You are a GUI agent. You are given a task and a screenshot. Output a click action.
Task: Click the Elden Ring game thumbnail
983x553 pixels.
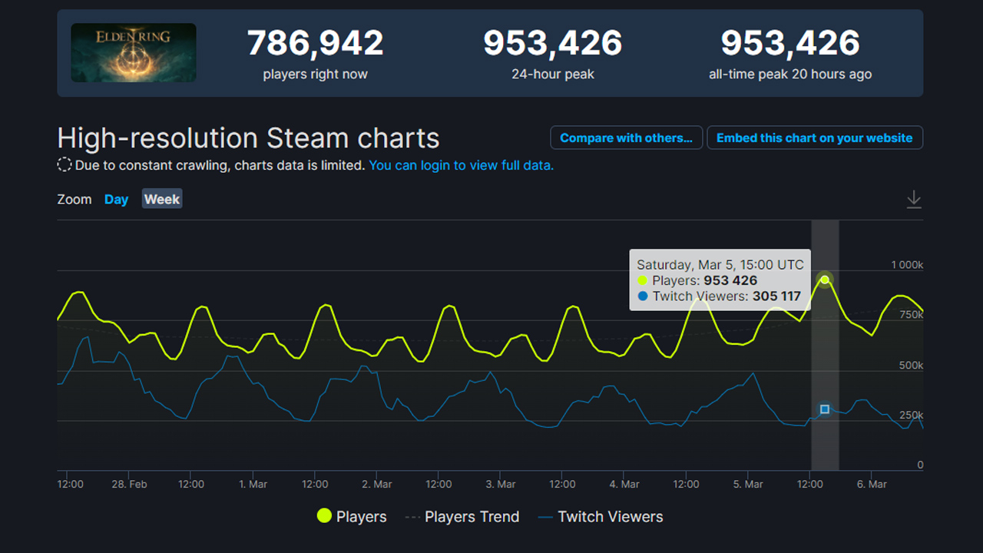coord(134,52)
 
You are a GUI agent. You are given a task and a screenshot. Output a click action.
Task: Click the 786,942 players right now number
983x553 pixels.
coord(315,44)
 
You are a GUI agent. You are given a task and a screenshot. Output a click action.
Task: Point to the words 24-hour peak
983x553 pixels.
coord(553,75)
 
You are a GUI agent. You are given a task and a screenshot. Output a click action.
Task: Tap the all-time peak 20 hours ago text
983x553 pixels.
coord(790,75)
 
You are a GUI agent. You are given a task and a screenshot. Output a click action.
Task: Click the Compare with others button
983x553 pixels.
coord(626,138)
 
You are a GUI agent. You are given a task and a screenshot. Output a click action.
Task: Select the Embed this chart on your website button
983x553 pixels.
coord(814,138)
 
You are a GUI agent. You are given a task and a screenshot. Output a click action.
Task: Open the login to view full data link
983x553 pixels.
coord(461,165)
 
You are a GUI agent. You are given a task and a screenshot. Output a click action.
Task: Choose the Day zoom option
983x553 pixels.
coord(116,200)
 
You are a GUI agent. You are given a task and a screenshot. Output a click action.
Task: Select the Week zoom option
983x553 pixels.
coord(162,200)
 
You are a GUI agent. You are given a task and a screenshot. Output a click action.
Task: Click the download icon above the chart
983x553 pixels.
coord(913,200)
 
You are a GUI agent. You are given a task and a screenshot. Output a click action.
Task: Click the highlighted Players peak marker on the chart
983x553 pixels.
coord(825,280)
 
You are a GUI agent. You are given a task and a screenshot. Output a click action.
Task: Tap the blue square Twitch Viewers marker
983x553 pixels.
coord(825,409)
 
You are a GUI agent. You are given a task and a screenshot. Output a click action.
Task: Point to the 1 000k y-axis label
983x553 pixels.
coord(907,265)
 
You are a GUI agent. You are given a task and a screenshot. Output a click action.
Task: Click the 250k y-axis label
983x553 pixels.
coord(911,416)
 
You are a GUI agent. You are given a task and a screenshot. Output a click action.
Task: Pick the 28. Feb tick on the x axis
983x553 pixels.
coord(129,485)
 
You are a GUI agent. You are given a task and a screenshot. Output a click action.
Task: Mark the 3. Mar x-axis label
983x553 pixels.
coord(501,485)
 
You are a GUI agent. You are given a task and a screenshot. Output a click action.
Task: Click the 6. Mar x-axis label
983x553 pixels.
coord(872,485)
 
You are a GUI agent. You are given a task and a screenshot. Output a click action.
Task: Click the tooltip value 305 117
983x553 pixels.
coord(776,296)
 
